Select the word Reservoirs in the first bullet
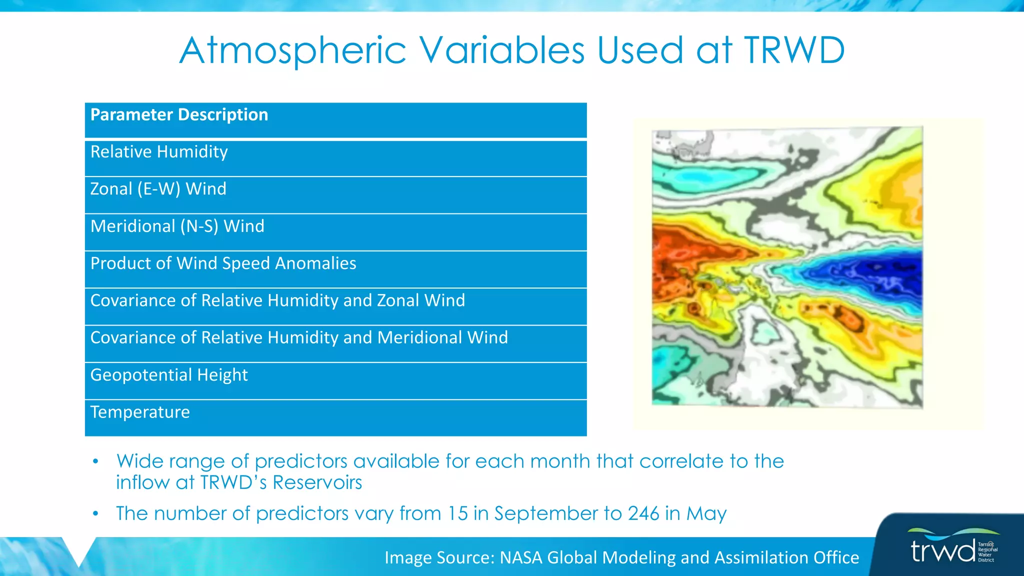click(x=317, y=483)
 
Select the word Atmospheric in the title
click(x=292, y=50)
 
